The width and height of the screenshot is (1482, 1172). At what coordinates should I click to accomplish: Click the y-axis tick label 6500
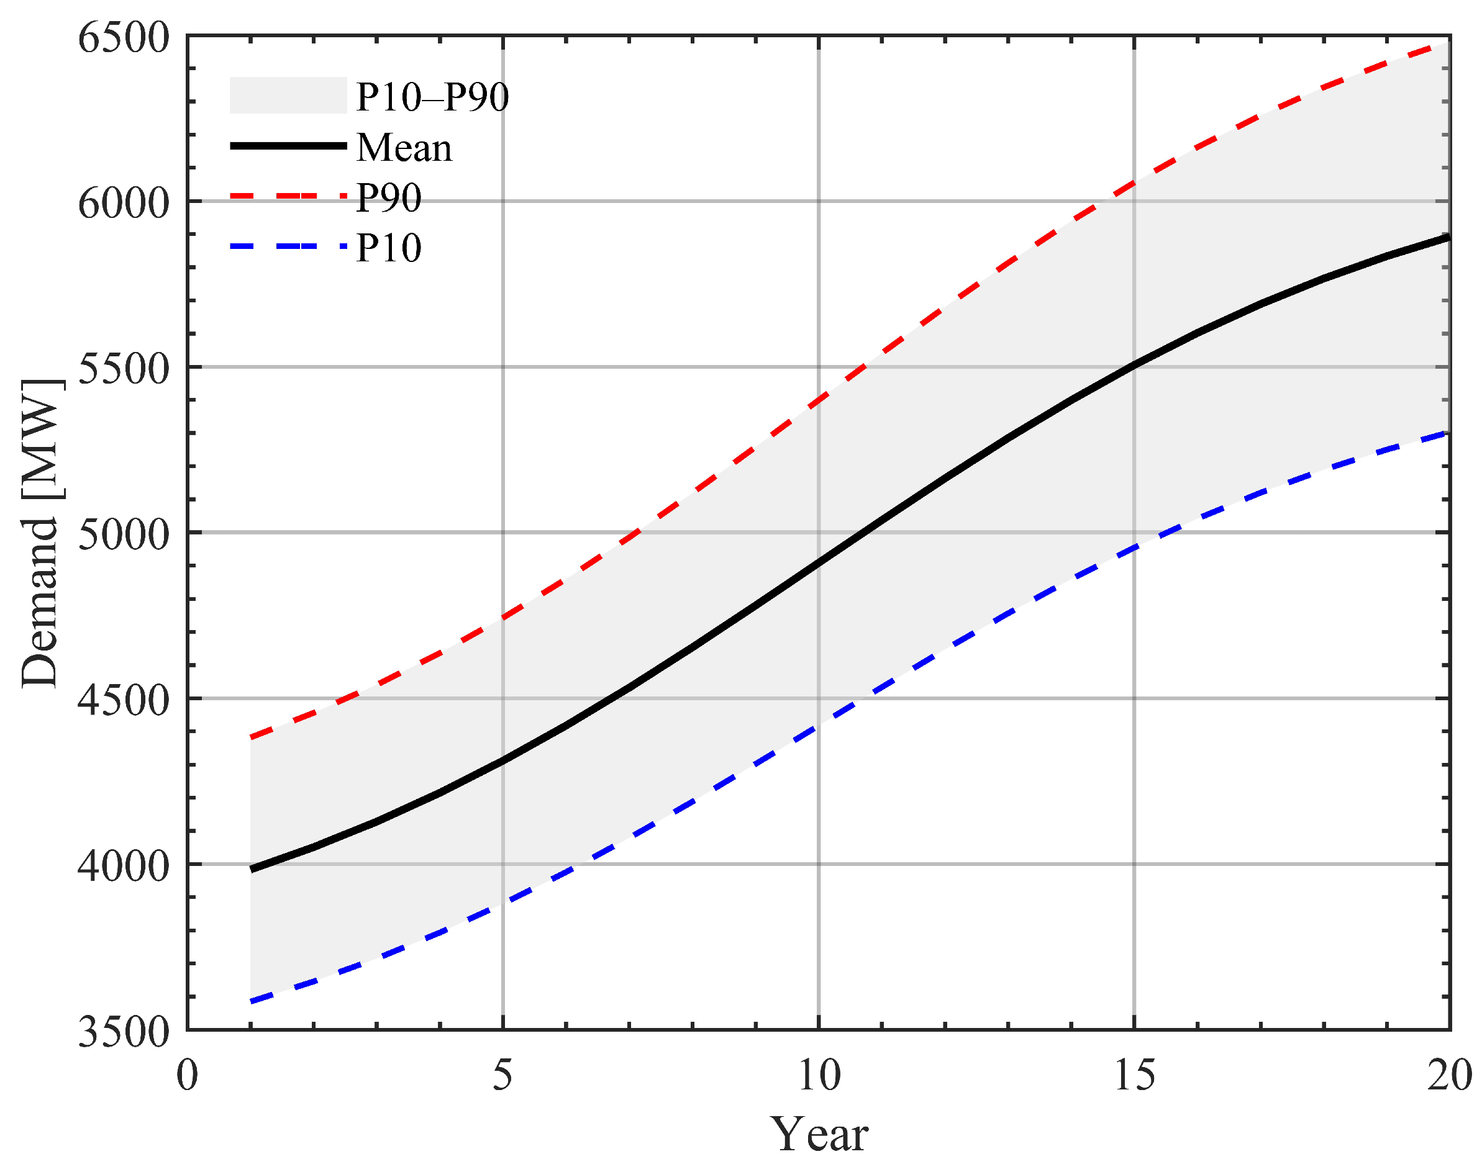(x=124, y=38)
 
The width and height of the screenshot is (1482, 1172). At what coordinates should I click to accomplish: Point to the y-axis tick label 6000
(x=124, y=203)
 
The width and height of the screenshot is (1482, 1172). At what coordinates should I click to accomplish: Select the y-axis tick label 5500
(x=124, y=369)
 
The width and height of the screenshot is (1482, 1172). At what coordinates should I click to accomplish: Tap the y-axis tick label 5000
(x=124, y=534)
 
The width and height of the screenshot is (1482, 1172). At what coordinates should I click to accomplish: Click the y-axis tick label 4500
(x=124, y=701)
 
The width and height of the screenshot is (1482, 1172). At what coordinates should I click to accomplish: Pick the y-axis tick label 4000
(x=124, y=866)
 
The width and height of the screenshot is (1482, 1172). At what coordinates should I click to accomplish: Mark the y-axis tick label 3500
(x=124, y=1031)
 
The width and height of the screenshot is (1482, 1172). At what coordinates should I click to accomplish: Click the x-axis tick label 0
(x=188, y=1075)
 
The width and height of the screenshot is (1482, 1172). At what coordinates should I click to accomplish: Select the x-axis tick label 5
(x=502, y=1075)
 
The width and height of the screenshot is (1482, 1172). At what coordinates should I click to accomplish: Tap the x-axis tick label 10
(x=818, y=1075)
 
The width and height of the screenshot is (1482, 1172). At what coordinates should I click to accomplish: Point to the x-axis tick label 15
(x=1134, y=1075)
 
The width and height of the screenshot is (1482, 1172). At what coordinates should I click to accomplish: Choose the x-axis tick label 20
(x=1448, y=1075)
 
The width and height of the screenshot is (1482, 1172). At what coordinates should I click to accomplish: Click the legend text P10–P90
(x=432, y=97)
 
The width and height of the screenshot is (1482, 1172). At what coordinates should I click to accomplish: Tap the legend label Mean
(x=404, y=148)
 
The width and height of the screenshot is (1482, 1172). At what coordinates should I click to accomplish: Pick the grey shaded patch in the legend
(x=288, y=96)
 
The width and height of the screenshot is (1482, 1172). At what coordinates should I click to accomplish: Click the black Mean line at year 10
(x=818, y=562)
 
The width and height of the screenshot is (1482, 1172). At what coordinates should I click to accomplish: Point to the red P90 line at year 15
(x=1134, y=183)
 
